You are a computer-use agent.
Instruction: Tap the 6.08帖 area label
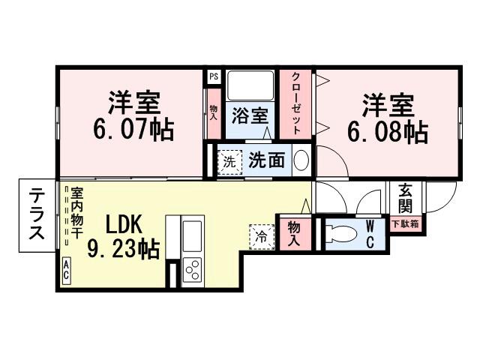(x=388, y=132)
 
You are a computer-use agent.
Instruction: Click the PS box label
(x=214, y=76)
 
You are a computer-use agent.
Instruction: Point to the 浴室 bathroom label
(x=250, y=116)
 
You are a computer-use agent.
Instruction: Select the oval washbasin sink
(x=300, y=160)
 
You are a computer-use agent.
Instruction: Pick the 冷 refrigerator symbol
(x=260, y=235)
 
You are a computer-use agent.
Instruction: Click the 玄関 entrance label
(x=405, y=198)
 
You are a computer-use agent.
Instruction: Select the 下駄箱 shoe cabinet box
(x=405, y=223)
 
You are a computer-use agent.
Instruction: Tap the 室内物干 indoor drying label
(x=76, y=213)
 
